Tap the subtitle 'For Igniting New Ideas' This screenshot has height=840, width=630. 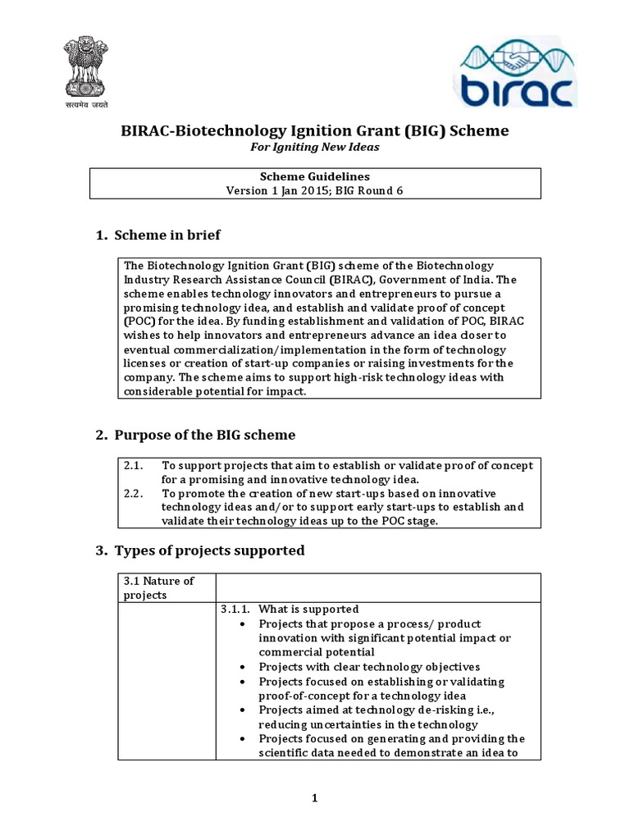point(314,147)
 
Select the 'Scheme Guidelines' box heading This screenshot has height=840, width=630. point(315,176)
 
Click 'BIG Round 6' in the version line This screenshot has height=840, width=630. point(370,190)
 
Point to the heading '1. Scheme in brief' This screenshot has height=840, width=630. point(158,235)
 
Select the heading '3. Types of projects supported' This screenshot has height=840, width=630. point(200,550)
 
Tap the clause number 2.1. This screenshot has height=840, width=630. point(134,465)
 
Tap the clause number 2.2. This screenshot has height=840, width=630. point(134,493)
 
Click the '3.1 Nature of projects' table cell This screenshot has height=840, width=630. point(158,587)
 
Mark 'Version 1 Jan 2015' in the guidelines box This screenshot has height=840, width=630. point(277,190)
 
